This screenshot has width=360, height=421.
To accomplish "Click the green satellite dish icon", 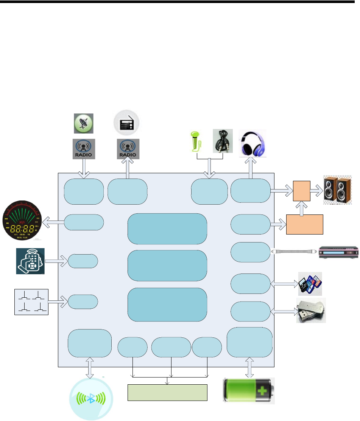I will pos(83,124).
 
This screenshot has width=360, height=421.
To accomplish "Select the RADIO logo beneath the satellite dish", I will pos(84,149).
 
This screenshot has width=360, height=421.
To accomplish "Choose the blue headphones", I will pos(253,143).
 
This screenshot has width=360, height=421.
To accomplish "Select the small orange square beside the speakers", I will pos(302,191).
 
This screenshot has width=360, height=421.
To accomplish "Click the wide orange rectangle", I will pos(304,224).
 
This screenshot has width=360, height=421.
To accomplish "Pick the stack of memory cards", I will pos(310,284).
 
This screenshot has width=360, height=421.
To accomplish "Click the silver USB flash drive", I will pos(311,310).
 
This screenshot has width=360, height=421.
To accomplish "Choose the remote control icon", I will pos(30,261).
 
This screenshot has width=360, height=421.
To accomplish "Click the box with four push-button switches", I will pos(31,302).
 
